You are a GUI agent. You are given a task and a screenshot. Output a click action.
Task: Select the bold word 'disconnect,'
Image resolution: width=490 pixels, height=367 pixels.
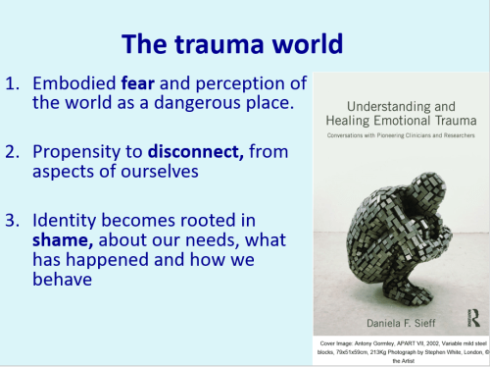tap(188, 150)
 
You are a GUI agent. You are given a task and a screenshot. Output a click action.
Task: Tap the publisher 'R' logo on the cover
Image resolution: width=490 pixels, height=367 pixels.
tap(472, 316)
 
